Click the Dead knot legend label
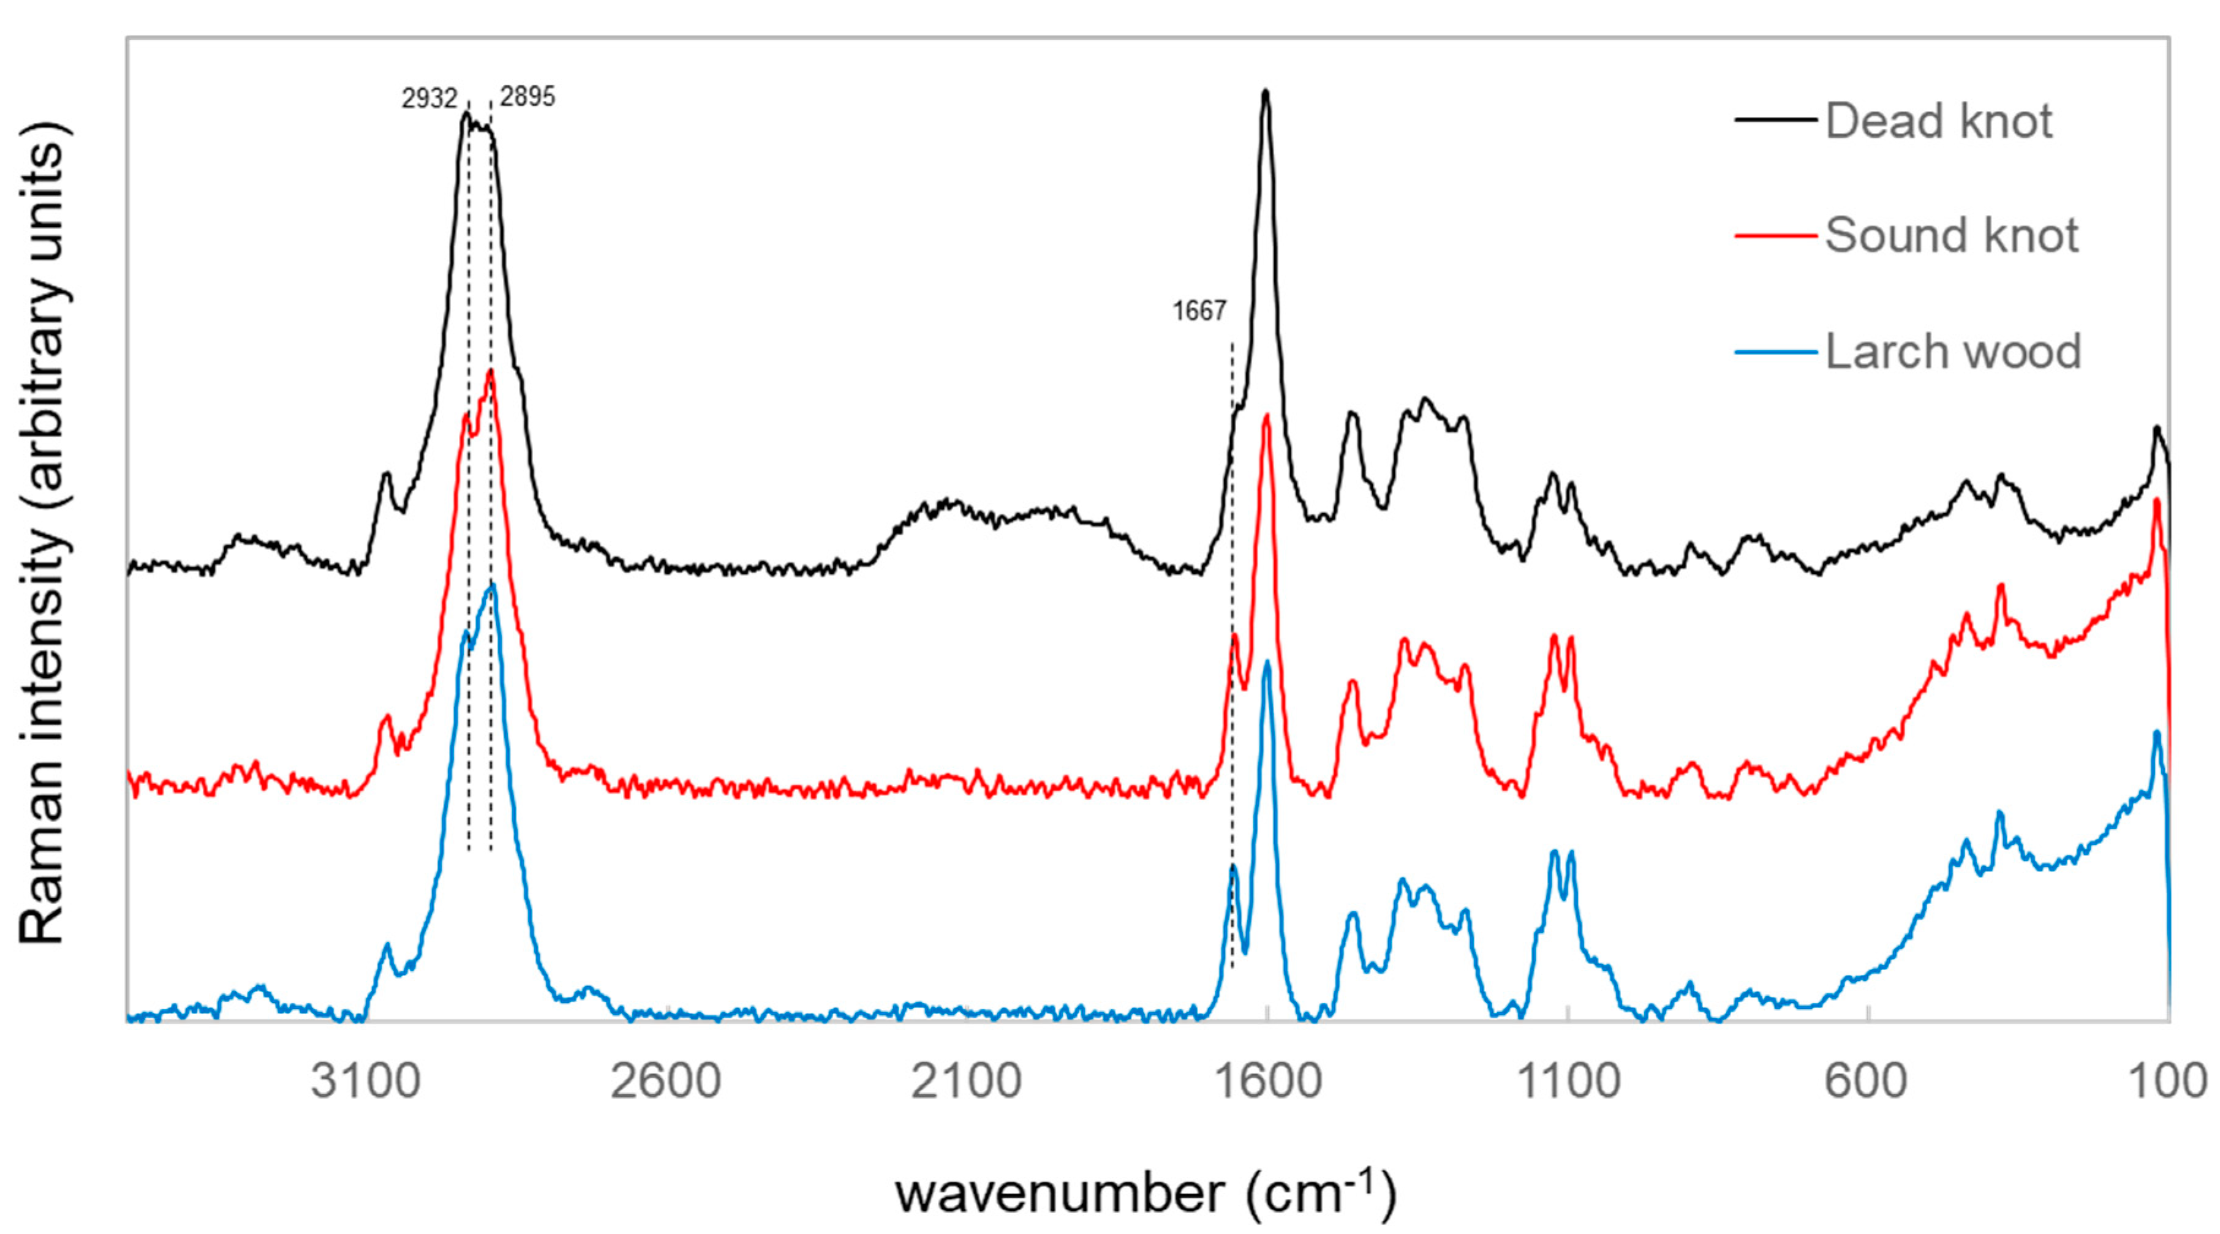click(x=1938, y=121)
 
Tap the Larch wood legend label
click(x=1953, y=352)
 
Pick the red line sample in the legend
click(x=1775, y=235)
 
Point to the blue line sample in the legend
click(x=1775, y=352)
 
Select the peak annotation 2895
click(x=527, y=97)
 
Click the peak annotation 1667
click(x=1199, y=311)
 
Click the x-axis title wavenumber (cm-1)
click(x=1146, y=1194)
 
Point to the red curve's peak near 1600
click(x=1267, y=416)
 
